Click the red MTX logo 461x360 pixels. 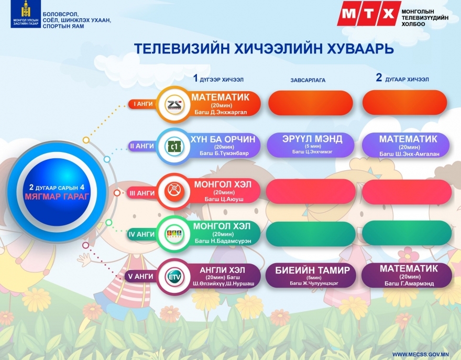click(x=368, y=13)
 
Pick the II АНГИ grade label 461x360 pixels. click(x=142, y=146)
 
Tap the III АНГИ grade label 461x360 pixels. click(x=142, y=193)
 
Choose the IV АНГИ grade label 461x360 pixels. click(x=142, y=234)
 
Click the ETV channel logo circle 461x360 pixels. click(x=174, y=277)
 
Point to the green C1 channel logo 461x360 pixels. click(x=174, y=146)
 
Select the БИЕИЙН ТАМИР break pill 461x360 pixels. click(x=311, y=275)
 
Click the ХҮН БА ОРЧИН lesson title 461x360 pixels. click(x=223, y=139)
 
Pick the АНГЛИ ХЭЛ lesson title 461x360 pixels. click(x=222, y=270)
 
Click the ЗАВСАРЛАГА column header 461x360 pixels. click(x=308, y=80)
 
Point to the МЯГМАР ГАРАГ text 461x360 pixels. click(x=57, y=196)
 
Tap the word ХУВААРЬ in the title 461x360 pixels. click(x=360, y=49)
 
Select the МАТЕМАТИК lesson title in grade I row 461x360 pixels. click(x=220, y=97)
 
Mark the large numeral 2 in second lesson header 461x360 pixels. click(x=379, y=78)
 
